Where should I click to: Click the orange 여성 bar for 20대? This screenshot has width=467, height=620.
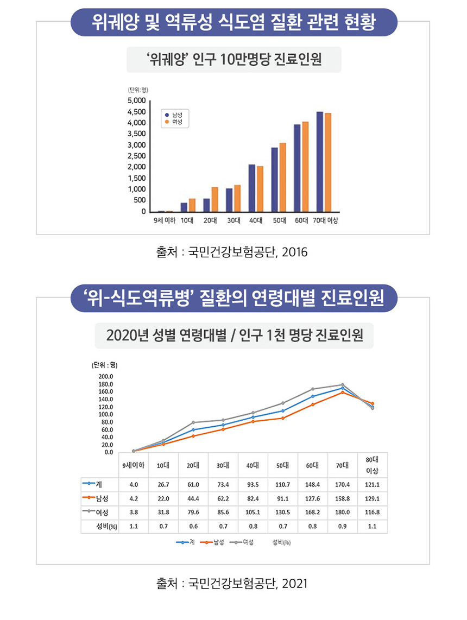(215, 199)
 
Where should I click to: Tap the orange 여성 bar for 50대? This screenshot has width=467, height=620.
(282, 177)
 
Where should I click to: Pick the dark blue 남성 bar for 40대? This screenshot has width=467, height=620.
(252, 188)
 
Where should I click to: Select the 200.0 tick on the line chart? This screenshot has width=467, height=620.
(105, 376)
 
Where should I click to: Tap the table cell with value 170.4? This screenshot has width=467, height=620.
(342, 484)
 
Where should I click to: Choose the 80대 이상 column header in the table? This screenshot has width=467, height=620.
(372, 465)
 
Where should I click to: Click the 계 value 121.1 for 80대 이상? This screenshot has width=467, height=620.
(372, 484)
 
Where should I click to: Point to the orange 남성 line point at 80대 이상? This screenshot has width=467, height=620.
(373, 403)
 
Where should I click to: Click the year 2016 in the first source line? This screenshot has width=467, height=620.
(295, 253)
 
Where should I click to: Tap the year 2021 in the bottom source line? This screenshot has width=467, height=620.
(295, 584)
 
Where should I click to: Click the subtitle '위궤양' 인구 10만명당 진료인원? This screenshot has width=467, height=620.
(234, 60)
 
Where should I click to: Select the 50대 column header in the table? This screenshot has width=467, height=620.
(282, 465)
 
